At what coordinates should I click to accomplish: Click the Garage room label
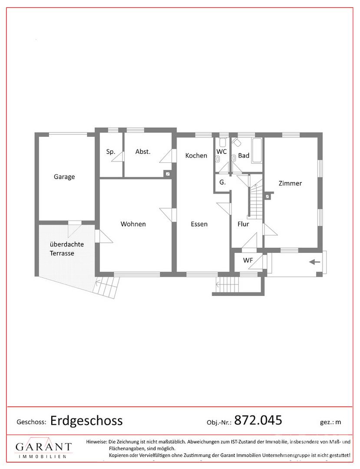[64, 177]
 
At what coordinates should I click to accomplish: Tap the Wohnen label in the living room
[133, 224]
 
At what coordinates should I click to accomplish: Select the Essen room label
[199, 224]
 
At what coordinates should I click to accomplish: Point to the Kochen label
[196, 155]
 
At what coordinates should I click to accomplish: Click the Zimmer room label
[290, 183]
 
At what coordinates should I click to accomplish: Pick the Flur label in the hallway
[243, 224]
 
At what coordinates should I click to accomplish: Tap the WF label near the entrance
[248, 260]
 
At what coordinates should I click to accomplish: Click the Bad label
[244, 155]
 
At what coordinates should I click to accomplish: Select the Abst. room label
[142, 152]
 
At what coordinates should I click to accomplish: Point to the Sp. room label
[111, 152]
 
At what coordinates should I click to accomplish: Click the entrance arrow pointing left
[314, 262]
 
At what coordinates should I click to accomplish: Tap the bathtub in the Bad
[257, 151]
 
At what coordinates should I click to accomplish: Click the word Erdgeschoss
[86, 421]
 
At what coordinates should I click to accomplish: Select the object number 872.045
[258, 420]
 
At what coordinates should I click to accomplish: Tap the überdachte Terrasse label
[66, 248]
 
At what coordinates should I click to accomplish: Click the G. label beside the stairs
[222, 182]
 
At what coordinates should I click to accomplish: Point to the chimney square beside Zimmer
[268, 197]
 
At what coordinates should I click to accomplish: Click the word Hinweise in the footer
[96, 442]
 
